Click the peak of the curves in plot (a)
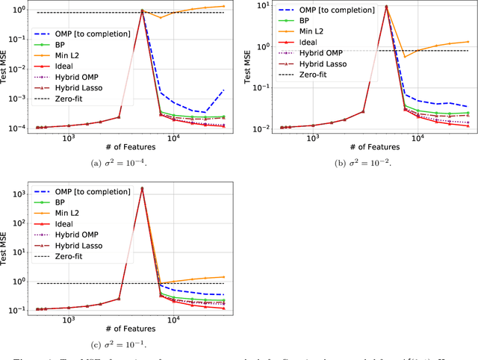[x=143, y=10]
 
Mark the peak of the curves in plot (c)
[x=142, y=188]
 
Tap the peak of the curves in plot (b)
[x=386, y=7]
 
